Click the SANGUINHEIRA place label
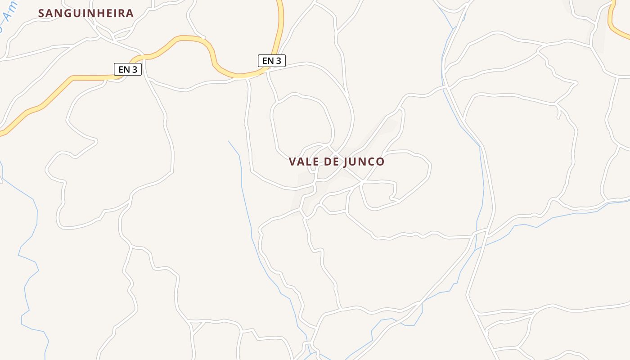86,13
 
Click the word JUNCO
364,162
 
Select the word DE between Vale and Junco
331,162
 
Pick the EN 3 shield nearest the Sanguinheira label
128,69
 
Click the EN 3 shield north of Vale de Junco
271,61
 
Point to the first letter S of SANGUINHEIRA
41,13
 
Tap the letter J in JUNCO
346,162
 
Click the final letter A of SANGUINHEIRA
130,13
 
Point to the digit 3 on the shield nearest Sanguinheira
135,69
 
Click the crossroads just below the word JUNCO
362,181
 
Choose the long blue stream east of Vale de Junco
481,180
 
